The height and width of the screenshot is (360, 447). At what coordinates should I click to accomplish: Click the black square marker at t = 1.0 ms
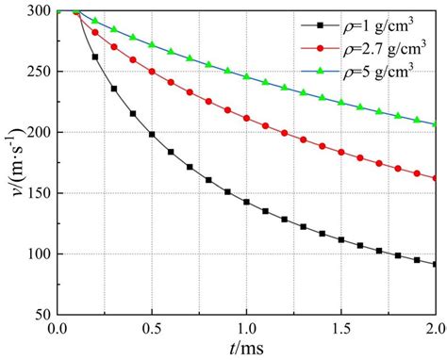point(246,202)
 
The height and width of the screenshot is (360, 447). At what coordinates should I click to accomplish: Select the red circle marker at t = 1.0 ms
point(246,119)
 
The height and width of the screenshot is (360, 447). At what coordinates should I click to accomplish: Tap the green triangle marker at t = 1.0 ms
point(246,76)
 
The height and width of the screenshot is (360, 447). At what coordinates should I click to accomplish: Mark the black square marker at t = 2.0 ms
point(435,264)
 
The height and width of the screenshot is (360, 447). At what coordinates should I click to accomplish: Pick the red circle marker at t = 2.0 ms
point(435,177)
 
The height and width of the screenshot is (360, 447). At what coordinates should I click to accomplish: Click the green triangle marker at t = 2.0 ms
point(435,124)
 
